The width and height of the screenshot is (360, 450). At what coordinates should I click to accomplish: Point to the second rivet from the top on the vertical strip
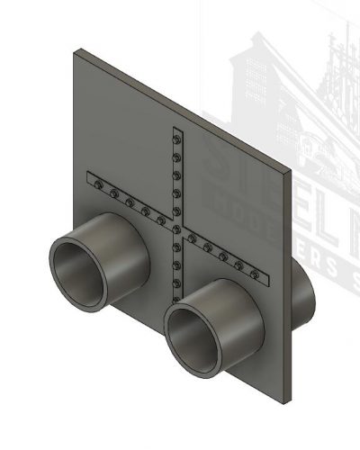177,154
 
